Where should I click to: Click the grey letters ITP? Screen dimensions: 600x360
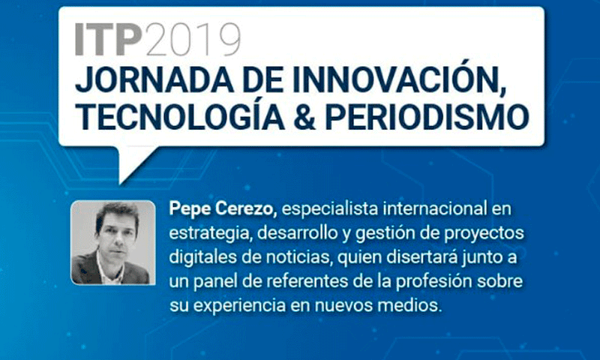click(x=108, y=40)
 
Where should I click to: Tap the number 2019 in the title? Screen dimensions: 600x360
click(x=193, y=40)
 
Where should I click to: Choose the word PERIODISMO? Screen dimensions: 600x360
click(x=427, y=116)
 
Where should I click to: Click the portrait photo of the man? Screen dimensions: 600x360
click(x=113, y=242)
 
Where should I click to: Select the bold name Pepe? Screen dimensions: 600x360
click(x=190, y=210)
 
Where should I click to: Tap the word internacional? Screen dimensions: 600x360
click(x=434, y=209)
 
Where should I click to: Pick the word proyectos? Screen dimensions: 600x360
click(x=484, y=234)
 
